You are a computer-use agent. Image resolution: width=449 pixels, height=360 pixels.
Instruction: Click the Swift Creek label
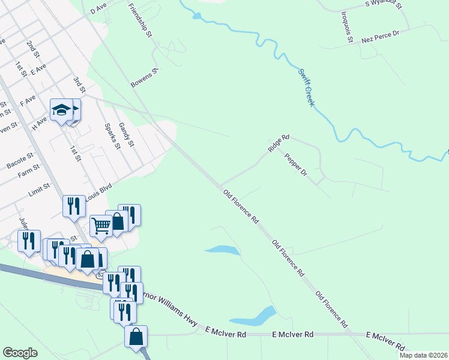(x=306, y=88)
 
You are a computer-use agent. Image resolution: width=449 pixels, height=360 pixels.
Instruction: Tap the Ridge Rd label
(x=279, y=145)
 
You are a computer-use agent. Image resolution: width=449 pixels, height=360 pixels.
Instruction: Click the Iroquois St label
(x=346, y=27)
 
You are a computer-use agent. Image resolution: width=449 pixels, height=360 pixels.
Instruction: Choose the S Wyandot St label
(x=387, y=4)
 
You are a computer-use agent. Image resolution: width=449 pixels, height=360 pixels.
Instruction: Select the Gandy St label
(x=125, y=134)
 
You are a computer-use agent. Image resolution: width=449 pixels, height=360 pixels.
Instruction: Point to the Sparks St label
(x=111, y=137)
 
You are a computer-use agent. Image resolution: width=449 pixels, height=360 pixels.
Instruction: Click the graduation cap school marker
(x=61, y=110)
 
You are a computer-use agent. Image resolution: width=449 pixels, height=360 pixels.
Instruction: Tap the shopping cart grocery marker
(x=101, y=226)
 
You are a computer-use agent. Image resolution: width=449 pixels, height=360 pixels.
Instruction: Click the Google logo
(x=20, y=353)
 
